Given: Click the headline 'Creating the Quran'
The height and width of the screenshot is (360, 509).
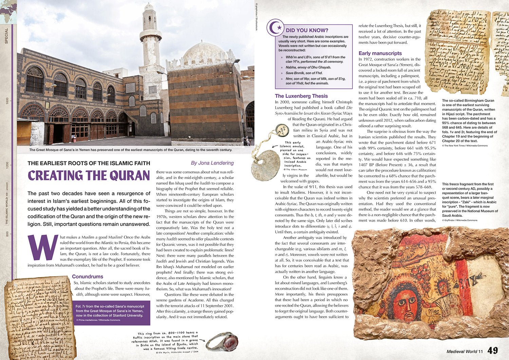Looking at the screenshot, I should (89, 176).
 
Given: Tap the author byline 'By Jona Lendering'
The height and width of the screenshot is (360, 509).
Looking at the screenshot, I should (212, 163).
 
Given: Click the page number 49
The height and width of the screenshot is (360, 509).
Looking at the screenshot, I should (493, 350).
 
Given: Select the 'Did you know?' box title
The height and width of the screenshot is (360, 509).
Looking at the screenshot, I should (307, 30).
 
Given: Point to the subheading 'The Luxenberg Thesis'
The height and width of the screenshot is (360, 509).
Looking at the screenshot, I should (301, 96).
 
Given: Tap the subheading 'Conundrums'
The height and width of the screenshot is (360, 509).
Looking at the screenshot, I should (88, 277).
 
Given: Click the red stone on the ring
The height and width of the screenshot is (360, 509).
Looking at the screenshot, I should (229, 341).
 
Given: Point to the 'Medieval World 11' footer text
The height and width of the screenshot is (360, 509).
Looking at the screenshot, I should (464, 352).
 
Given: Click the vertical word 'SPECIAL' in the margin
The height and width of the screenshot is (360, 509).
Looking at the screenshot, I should (6, 36).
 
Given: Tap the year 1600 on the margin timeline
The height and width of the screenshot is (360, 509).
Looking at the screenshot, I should (7, 101).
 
